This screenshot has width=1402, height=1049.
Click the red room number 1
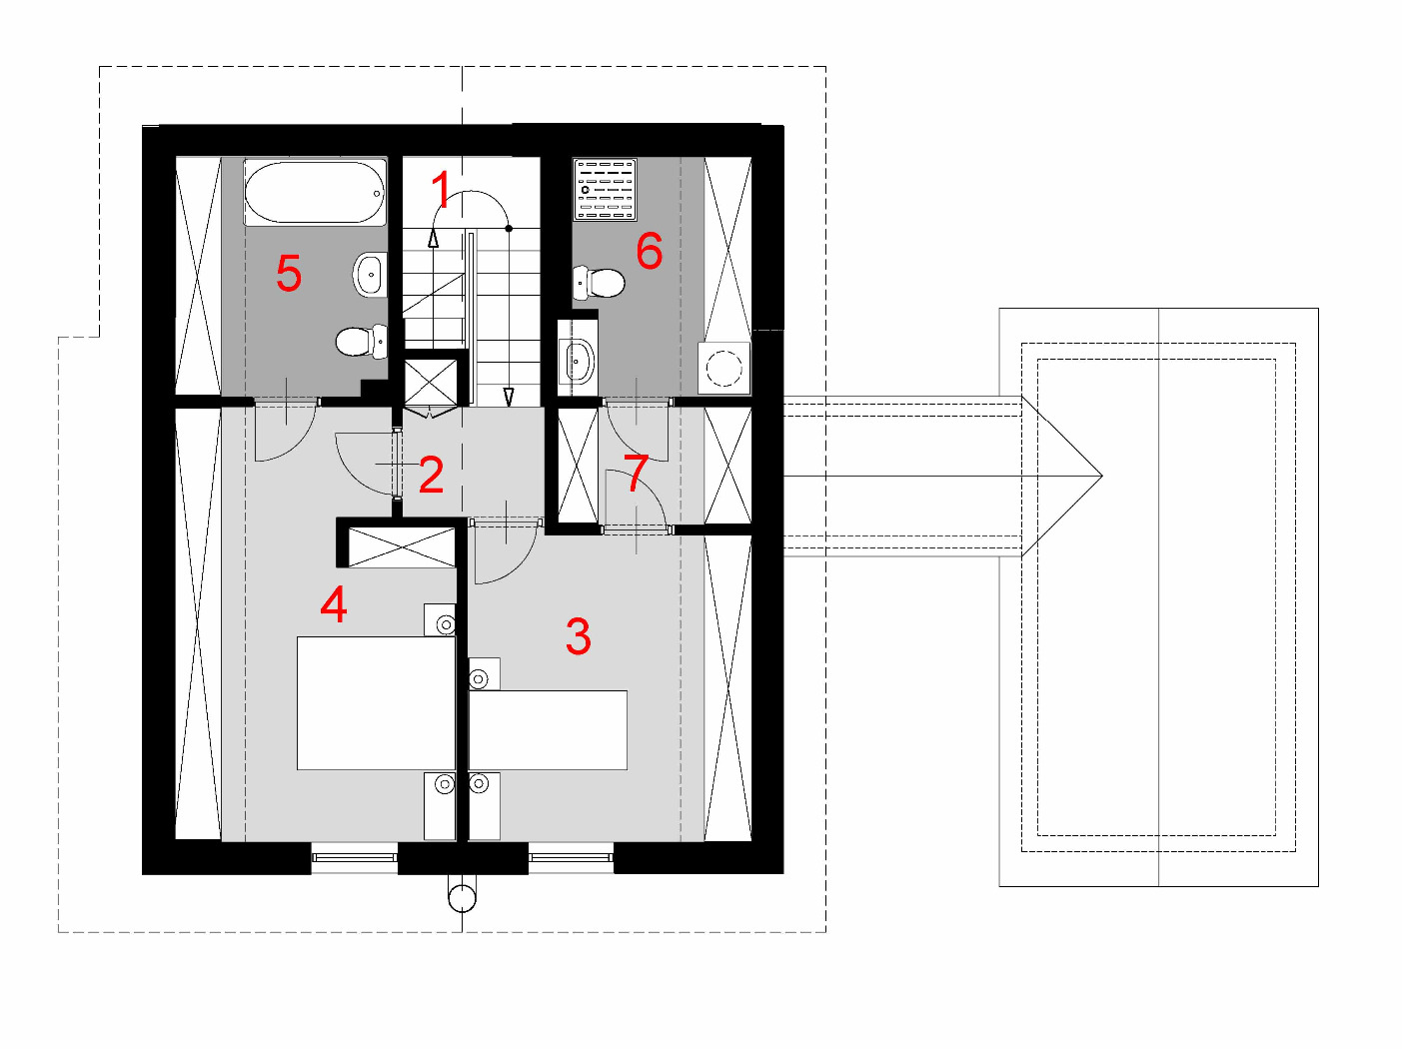point(442,189)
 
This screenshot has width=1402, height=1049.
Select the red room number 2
point(431,475)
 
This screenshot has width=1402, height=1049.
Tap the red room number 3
point(579,636)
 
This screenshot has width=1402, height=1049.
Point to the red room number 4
point(334,604)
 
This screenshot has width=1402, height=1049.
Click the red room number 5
point(289,274)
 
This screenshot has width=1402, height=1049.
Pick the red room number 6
point(649,251)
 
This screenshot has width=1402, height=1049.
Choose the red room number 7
point(637,474)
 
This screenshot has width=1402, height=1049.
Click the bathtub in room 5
point(315,192)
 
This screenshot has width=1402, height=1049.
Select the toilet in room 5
point(362,341)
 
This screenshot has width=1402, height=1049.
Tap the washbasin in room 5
point(371,275)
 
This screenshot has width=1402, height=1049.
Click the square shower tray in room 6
point(605,189)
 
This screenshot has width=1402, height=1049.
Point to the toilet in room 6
point(599,282)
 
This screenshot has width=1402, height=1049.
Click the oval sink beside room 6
point(578,362)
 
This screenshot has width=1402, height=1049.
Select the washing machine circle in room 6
point(724,369)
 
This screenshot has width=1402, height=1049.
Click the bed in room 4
point(376,703)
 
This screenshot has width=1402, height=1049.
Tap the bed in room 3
point(548,729)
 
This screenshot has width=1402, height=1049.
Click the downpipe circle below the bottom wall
point(462,898)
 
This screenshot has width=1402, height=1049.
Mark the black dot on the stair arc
point(509,228)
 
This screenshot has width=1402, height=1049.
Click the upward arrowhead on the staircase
point(433,238)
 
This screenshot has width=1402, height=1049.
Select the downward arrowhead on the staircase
point(509,398)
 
